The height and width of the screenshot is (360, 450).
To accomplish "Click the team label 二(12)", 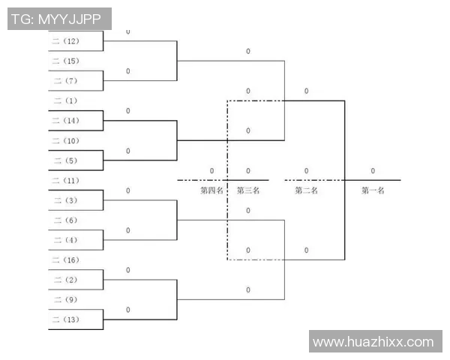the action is coord(66,41).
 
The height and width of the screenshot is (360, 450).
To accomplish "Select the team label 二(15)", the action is coord(66,61).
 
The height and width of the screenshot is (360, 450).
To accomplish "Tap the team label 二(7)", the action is coord(66,81).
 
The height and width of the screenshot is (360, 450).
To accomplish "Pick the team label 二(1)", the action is coord(66,100).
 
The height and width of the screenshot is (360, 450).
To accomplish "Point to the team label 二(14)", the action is coord(66,121).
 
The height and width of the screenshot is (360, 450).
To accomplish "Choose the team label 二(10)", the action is coord(66,141).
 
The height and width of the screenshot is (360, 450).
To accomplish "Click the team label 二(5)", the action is coord(66,160).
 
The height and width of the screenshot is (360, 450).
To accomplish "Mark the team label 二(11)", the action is coord(66,181).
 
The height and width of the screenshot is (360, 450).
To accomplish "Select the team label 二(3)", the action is coord(66,200).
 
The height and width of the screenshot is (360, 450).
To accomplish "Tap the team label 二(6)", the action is coord(66,220).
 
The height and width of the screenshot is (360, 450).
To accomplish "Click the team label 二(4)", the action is coord(66,240).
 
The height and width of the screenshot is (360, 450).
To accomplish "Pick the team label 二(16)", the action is coord(66,260).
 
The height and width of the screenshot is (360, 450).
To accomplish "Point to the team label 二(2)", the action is coord(66,280).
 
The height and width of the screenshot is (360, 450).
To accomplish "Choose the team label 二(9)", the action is coord(66,300).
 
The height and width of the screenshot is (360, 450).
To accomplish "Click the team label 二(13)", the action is coord(66,319).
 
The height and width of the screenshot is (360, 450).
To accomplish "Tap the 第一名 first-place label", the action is coord(373,190).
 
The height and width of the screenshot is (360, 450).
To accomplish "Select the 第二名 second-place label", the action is coord(306,190).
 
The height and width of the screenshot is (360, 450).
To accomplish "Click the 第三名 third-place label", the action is coord(248,190).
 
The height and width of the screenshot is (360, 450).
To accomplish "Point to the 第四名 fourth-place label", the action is coord(211,190).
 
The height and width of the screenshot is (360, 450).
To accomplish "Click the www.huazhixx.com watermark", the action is coord(373,342).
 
